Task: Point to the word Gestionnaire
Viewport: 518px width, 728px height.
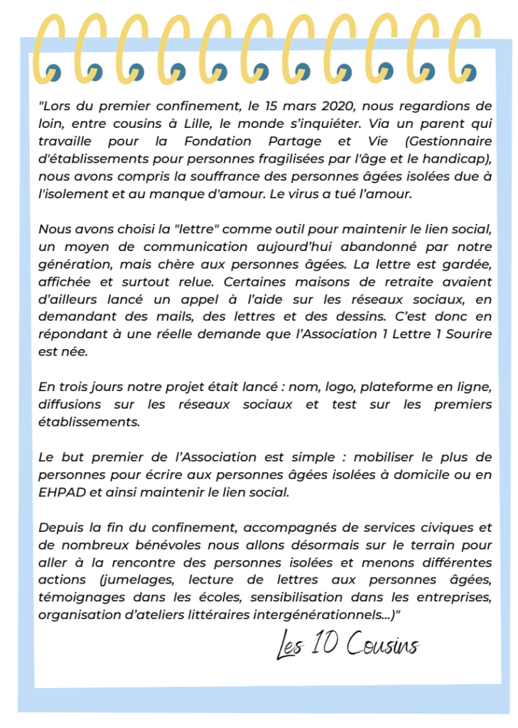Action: point(448,141)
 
